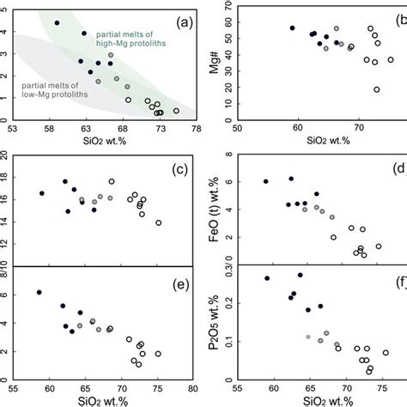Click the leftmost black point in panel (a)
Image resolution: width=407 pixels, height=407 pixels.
pyautogui.click(x=58, y=23)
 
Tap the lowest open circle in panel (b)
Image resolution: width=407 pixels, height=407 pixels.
pyautogui.click(x=376, y=89)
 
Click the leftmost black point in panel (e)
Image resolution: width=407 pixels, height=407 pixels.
pyautogui.click(x=39, y=293)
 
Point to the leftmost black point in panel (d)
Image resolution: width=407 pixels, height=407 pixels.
pyautogui.click(x=265, y=181)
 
